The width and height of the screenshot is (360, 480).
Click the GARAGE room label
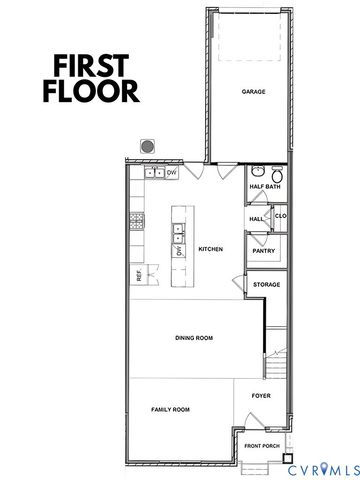click(253, 91)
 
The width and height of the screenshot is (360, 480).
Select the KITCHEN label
click(210, 249)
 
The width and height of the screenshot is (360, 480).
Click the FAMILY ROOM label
click(170, 410)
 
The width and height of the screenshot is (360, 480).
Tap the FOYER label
click(261, 396)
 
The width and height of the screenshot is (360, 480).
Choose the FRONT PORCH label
click(262, 446)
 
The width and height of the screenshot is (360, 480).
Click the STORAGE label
click(266, 285)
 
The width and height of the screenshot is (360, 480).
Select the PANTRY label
click(263, 252)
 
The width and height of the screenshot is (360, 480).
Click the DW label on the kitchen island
click(181, 251)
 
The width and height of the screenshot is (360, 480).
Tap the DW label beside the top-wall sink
click(172, 173)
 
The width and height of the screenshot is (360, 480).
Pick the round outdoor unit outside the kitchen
click(147, 146)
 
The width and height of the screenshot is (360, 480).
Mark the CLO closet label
click(281, 215)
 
